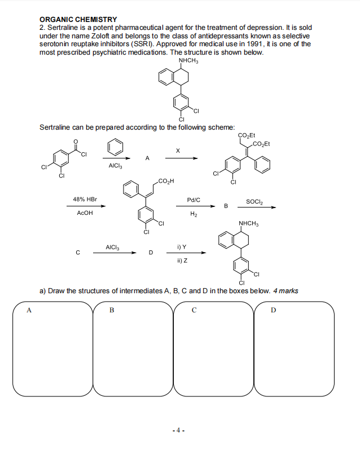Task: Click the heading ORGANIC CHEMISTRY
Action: point(78,20)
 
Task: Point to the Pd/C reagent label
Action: point(193,200)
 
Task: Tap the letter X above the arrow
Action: point(178,151)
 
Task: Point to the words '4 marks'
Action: point(286,291)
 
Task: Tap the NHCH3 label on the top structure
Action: point(187,61)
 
